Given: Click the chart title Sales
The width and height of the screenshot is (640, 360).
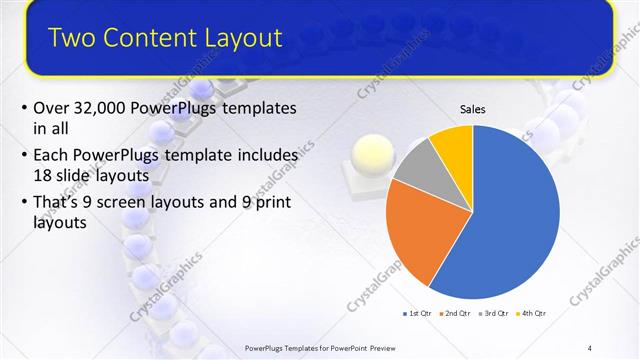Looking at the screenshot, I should point(472,109).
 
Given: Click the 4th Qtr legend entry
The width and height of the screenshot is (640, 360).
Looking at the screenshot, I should point(533,313).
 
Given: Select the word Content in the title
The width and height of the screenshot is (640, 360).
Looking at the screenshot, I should point(148,38).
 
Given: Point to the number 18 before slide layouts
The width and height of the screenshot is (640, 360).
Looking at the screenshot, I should point(43,175).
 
